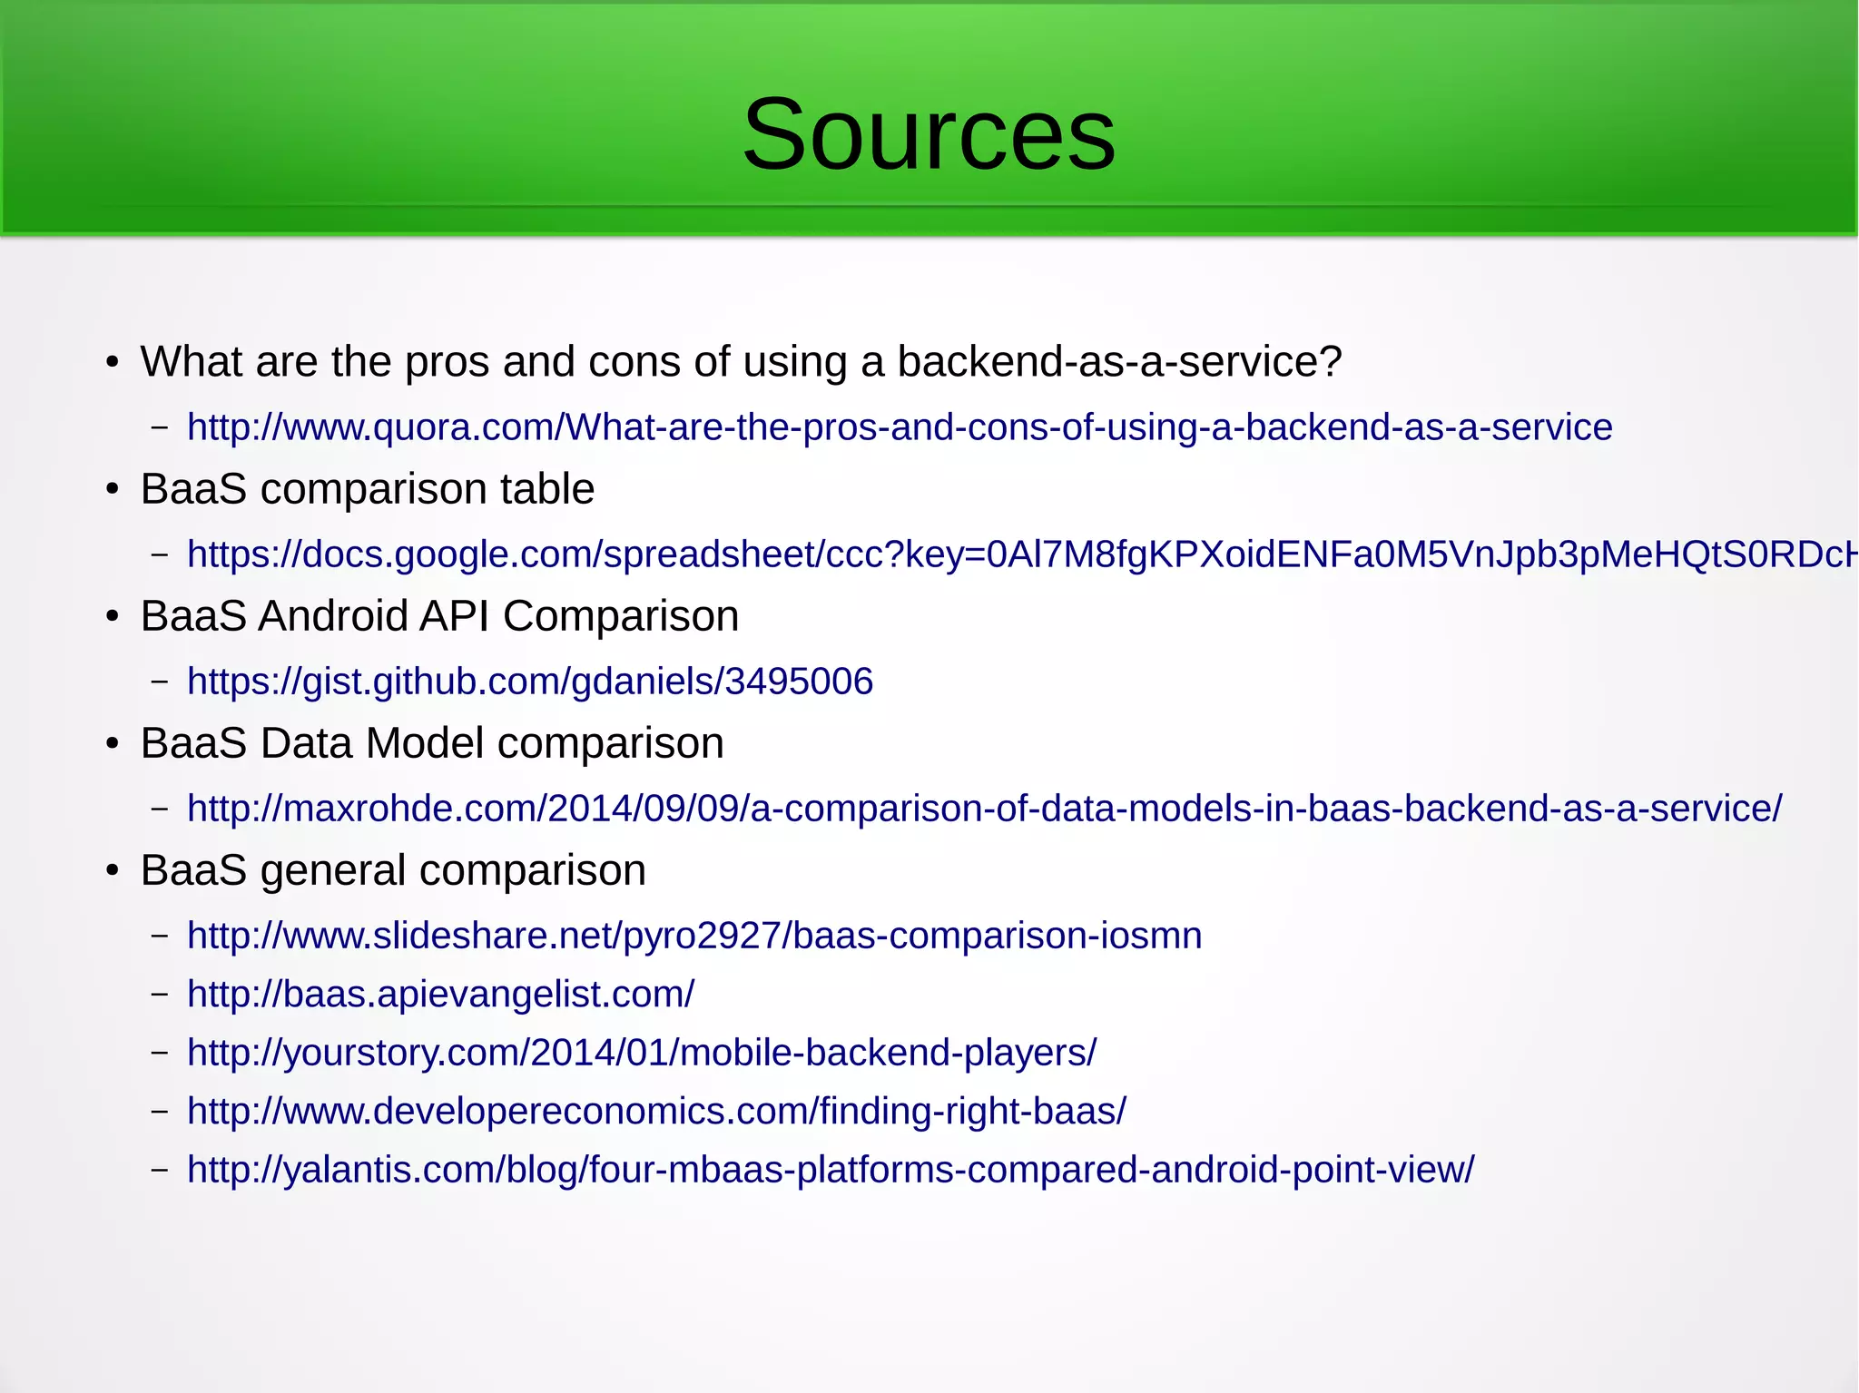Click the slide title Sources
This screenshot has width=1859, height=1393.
(x=929, y=134)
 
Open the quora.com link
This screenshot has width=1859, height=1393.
(x=899, y=427)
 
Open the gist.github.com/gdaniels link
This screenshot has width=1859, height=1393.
(x=529, y=682)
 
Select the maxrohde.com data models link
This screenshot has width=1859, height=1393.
(x=984, y=809)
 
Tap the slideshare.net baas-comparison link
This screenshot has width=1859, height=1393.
(x=694, y=936)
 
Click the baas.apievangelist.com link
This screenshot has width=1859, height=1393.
(x=440, y=995)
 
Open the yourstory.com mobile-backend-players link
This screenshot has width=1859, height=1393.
(x=641, y=1053)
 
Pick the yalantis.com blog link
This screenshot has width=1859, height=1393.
(x=831, y=1170)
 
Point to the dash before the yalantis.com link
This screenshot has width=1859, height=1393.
(x=160, y=1170)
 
